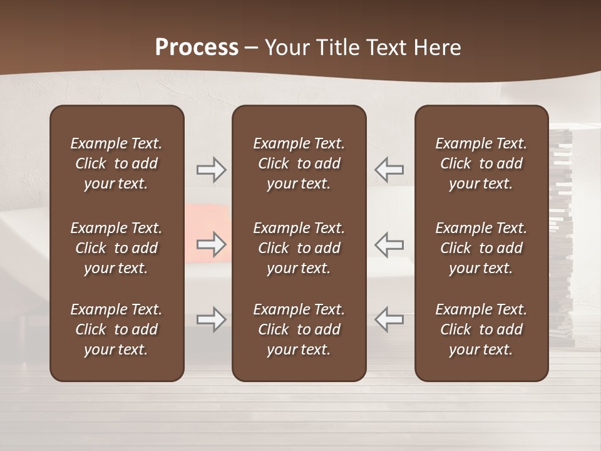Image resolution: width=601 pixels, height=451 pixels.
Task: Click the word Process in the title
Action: pos(197,47)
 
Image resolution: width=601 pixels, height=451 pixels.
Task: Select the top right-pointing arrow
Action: pos(211,170)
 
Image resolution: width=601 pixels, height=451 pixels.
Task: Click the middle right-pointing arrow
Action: pos(211,244)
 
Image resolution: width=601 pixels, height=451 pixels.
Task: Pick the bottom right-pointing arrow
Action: pos(211,319)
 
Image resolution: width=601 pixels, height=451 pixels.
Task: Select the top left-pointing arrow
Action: pos(389,170)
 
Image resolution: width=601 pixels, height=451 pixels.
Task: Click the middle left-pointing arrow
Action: pos(389,244)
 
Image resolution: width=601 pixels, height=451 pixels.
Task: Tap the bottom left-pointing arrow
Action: pos(389,319)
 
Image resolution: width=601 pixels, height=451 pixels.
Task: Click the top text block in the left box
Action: pos(116,163)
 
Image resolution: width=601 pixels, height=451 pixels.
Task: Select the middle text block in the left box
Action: pos(116,248)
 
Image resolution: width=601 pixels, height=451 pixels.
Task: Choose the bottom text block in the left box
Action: pos(116,329)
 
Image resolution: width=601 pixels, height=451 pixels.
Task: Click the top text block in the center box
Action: pos(299,163)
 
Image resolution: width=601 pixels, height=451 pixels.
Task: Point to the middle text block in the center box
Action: pos(299,248)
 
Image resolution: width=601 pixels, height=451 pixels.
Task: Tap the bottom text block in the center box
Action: pos(299,329)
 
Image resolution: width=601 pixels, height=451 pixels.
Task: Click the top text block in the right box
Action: pos(481,163)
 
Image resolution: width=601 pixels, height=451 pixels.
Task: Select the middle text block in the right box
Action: pos(481,248)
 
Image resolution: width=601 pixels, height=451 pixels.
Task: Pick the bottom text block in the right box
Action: pos(481,329)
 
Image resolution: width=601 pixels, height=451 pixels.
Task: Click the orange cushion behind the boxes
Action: pos(208,219)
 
